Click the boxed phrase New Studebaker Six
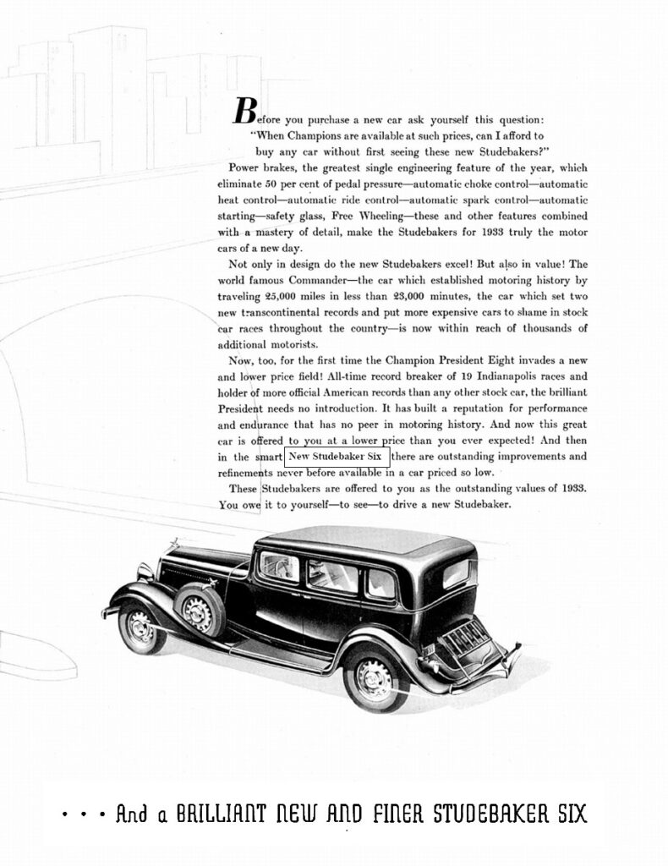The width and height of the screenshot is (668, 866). pyautogui.click(x=337, y=458)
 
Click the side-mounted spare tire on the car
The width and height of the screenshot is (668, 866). pyautogui.click(x=199, y=611)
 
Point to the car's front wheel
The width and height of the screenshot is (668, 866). pyautogui.click(x=141, y=628)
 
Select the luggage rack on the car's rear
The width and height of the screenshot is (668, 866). pyautogui.click(x=464, y=639)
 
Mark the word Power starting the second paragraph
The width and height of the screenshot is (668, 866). pyautogui.click(x=244, y=167)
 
